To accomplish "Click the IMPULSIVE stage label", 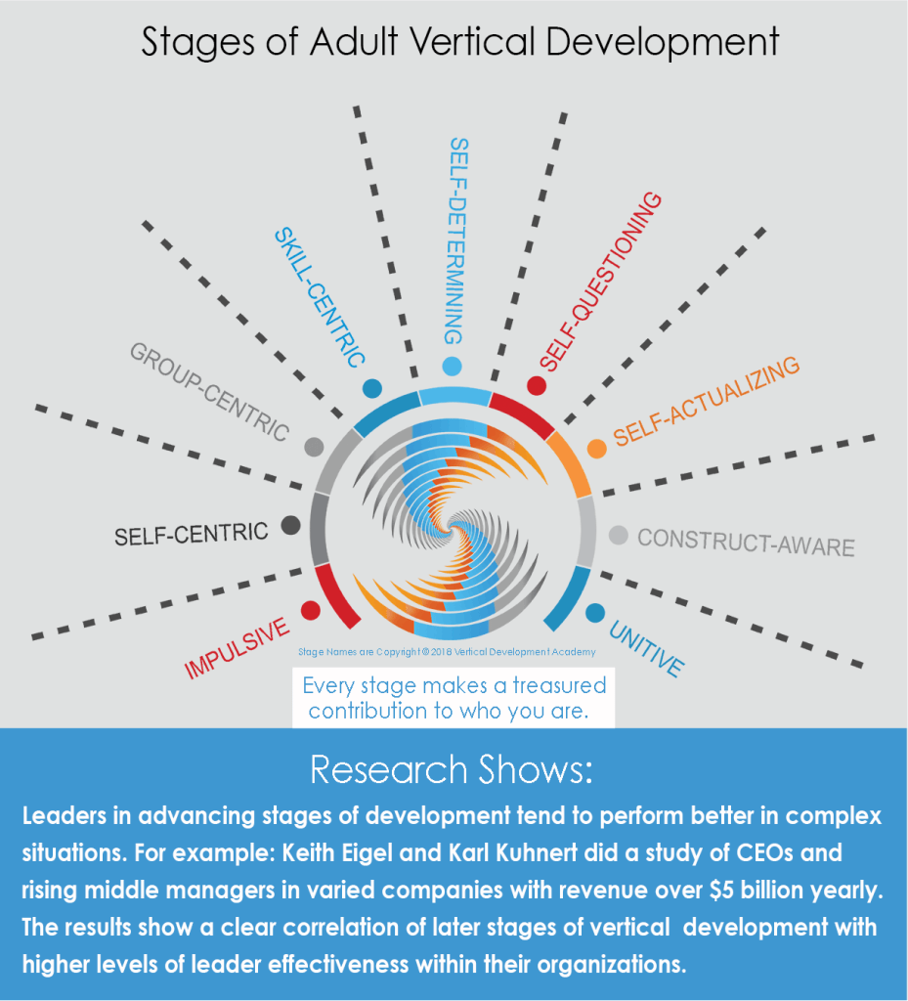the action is click(x=237, y=648).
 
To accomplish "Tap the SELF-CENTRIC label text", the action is click(x=191, y=534).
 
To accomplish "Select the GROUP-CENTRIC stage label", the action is click(x=210, y=391).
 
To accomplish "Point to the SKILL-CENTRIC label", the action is click(x=320, y=297).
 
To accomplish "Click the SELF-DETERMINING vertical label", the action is click(x=457, y=240).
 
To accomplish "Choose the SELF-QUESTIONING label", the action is click(x=600, y=281).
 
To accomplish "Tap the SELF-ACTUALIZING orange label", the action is click(x=706, y=400).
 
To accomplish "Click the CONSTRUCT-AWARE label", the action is click(x=746, y=543).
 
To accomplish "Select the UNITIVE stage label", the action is click(x=646, y=648).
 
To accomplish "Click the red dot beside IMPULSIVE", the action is click(x=310, y=610).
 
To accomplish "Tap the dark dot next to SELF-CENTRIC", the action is click(x=290, y=525).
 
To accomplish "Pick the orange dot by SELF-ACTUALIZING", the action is click(x=596, y=448).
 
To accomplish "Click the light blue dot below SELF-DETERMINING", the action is click(x=452, y=367).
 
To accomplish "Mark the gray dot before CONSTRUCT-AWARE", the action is click(x=619, y=535).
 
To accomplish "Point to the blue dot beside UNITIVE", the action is click(x=595, y=613).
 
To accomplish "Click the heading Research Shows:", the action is click(x=452, y=769).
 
